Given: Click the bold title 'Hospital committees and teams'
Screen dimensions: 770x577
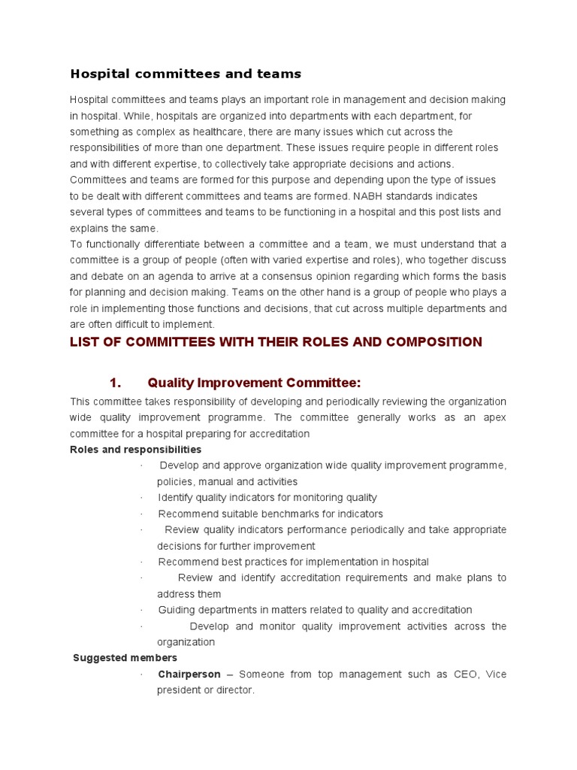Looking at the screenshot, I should click(x=186, y=74).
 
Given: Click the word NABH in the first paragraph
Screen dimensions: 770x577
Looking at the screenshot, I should click(x=405, y=196).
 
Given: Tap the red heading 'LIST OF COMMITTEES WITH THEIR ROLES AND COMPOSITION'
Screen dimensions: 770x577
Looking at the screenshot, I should click(x=276, y=342).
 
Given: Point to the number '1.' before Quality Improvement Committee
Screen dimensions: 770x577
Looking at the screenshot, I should click(x=115, y=383).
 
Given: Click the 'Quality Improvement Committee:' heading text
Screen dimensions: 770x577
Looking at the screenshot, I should click(x=249, y=383).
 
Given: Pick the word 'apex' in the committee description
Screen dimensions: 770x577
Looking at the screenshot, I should click(x=494, y=417).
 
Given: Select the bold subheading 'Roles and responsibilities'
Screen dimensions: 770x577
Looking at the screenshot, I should click(x=135, y=450).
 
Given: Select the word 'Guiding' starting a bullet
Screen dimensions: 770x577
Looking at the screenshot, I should click(x=176, y=610).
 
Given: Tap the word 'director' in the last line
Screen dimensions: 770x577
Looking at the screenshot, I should click(x=234, y=690).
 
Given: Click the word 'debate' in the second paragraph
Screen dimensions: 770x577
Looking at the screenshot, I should click(x=108, y=277).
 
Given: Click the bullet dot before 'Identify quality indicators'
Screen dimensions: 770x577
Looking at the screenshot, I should click(x=142, y=498).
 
